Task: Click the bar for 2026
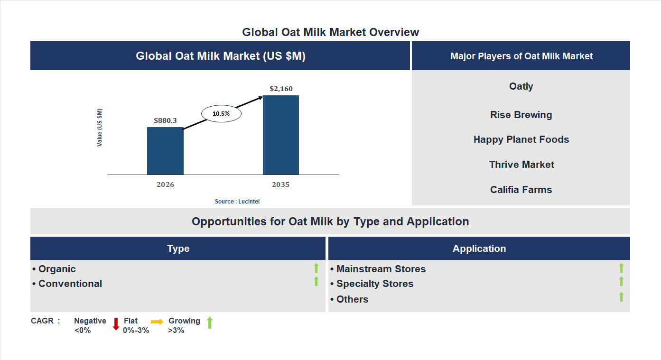click(165, 151)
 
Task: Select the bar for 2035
click(281, 135)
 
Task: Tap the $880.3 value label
click(165, 120)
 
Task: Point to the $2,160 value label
click(281, 89)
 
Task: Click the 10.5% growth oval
click(221, 114)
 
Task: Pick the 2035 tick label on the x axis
click(281, 185)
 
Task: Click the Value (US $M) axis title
click(100, 128)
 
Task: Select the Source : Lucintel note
click(237, 202)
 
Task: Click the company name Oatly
click(521, 86)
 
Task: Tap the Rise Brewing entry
click(521, 115)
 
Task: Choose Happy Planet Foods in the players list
click(521, 139)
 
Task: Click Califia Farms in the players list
click(521, 190)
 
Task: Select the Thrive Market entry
click(521, 165)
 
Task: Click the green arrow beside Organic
click(316, 268)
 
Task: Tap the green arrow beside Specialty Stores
click(621, 282)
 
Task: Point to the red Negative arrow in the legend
click(116, 324)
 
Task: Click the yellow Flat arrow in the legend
click(157, 322)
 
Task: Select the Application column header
click(479, 249)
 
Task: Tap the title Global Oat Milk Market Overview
click(331, 32)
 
